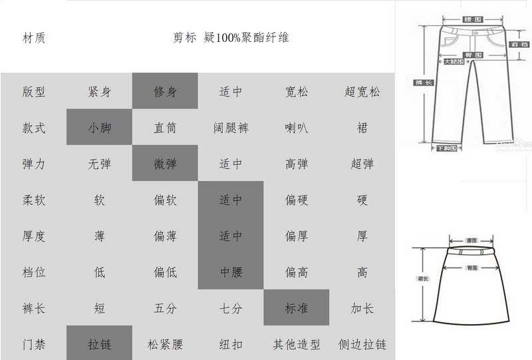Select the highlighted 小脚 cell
[x=100, y=128]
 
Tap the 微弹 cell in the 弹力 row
[x=165, y=164]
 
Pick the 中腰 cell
[x=231, y=271]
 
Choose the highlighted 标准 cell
[x=297, y=308]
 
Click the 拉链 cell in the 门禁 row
[x=100, y=344]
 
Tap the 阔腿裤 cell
[x=231, y=128]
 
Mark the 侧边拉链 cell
[x=362, y=344]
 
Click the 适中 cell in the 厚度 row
[x=231, y=236]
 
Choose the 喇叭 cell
[x=297, y=128]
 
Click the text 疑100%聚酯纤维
[x=247, y=38]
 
